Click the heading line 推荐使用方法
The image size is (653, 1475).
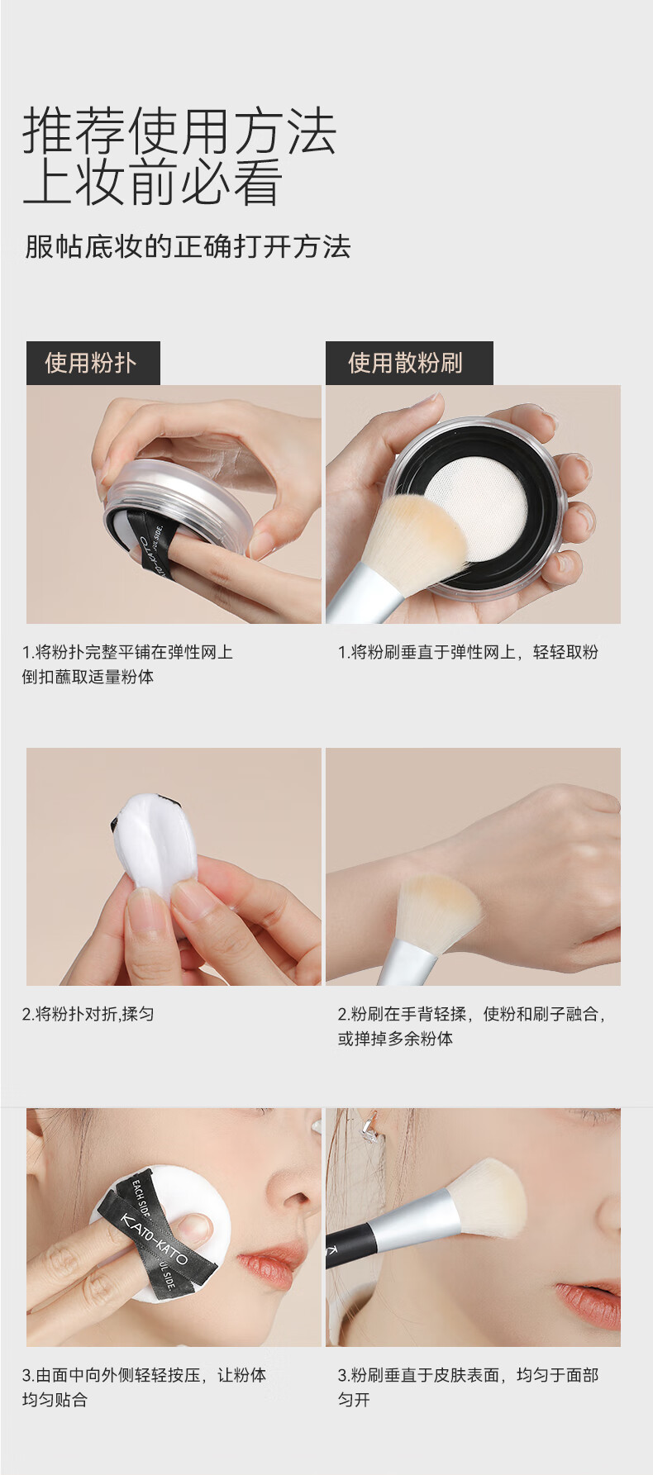tap(179, 131)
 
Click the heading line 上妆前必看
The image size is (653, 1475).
tap(153, 183)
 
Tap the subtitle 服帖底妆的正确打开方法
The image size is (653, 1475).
tap(188, 246)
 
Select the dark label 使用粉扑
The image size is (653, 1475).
tap(93, 363)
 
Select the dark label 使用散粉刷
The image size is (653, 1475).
tap(408, 363)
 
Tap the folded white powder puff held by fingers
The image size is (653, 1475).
tap(158, 843)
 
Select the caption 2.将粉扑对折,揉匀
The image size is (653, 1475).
tap(88, 1014)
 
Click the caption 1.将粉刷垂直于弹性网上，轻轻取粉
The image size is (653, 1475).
tap(468, 652)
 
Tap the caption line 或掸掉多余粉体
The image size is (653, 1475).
tap(395, 1039)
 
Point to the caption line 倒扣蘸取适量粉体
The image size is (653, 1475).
tap(88, 677)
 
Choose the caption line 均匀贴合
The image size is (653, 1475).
tap(55, 1400)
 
